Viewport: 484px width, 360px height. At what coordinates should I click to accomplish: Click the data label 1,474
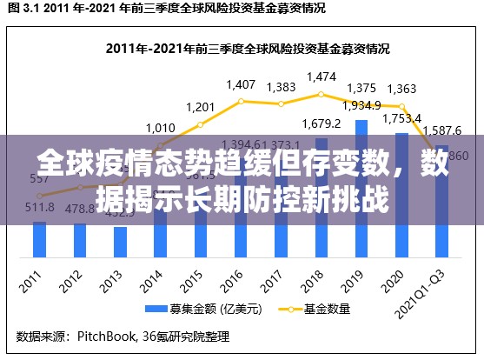coord(322,77)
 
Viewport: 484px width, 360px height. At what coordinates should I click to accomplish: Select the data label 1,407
coord(241,85)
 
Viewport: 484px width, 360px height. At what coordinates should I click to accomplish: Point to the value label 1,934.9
coord(361,105)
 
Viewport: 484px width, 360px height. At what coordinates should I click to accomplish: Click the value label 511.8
coord(39,207)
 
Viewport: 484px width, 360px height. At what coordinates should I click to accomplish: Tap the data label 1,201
coord(201,107)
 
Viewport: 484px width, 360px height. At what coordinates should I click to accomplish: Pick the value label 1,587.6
coord(442,131)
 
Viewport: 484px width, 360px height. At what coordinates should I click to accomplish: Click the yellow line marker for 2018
coord(322,94)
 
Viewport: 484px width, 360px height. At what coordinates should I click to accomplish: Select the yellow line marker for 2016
coord(241,101)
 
